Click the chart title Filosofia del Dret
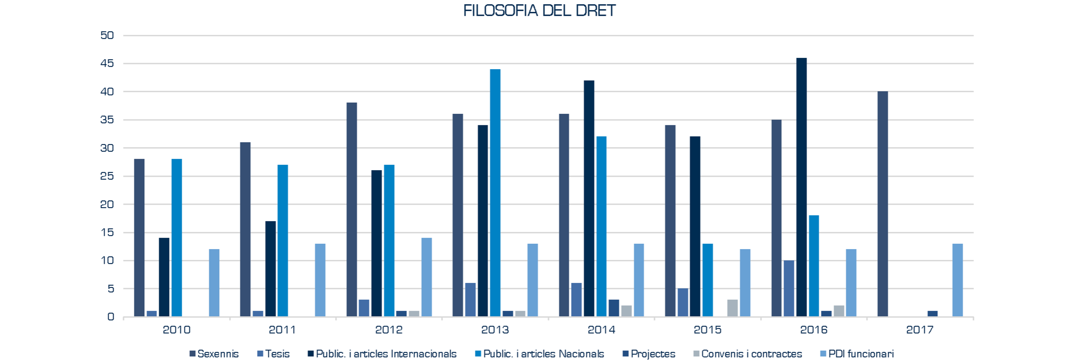click(540, 10)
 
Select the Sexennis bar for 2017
click(882, 204)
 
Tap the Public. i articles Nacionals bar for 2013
click(495, 193)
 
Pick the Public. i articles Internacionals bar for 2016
click(801, 187)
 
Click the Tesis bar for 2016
click(789, 288)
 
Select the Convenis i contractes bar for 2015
click(733, 308)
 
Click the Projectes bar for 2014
click(614, 308)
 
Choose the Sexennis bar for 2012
click(352, 210)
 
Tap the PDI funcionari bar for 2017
click(958, 280)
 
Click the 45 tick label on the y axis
click(107, 63)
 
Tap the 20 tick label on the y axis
click(107, 204)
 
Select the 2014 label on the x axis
click(601, 330)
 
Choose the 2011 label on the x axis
click(282, 330)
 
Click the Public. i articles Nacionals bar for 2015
click(707, 280)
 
